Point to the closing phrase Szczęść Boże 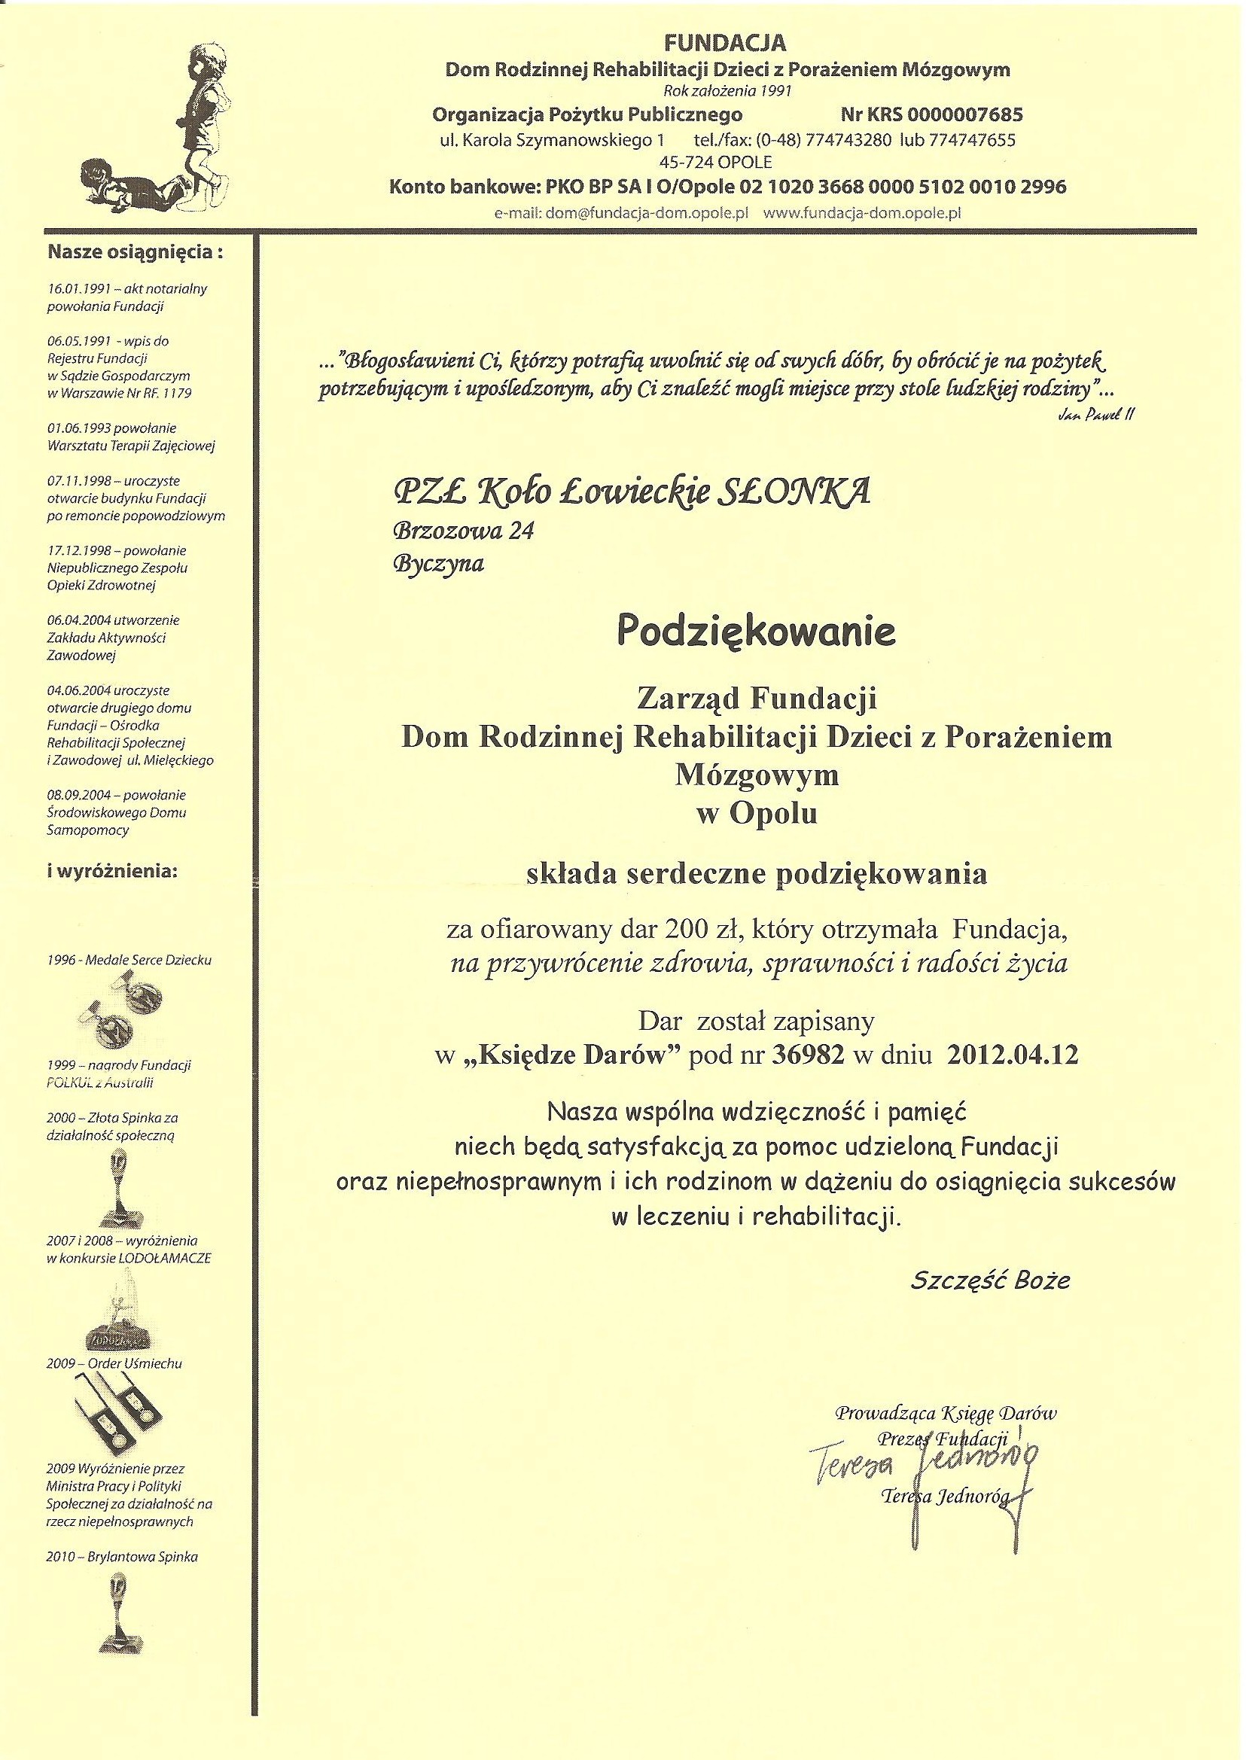[x=990, y=1280]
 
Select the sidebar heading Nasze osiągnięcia [x=135, y=252]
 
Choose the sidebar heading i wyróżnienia [x=111, y=872]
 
